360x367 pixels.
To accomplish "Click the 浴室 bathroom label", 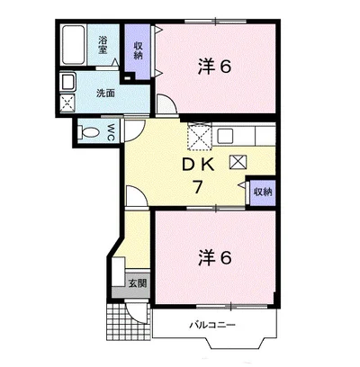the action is click(103, 45).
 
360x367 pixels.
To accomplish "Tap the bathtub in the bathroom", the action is click(74, 45).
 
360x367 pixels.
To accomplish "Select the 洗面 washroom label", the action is click(105, 94).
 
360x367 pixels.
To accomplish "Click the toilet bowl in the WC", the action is click(90, 132).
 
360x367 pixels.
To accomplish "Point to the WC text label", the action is click(110, 132).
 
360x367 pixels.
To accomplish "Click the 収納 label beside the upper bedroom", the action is click(138, 50).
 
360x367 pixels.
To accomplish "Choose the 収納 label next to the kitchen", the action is click(263, 192).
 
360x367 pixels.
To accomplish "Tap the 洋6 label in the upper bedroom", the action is click(214, 67).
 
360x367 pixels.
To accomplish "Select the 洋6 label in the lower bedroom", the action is click(214, 257).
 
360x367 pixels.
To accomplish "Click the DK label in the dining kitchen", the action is click(198, 165).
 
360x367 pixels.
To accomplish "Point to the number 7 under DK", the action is click(197, 188).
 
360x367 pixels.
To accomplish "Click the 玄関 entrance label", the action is click(138, 282).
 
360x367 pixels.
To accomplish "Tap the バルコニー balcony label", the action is click(212, 325).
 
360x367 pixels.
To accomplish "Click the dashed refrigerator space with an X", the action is click(200, 136).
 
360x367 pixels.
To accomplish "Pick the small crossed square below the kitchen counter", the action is click(238, 162).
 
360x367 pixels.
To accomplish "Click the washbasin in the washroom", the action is click(67, 82).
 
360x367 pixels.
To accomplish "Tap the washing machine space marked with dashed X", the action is click(67, 103).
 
